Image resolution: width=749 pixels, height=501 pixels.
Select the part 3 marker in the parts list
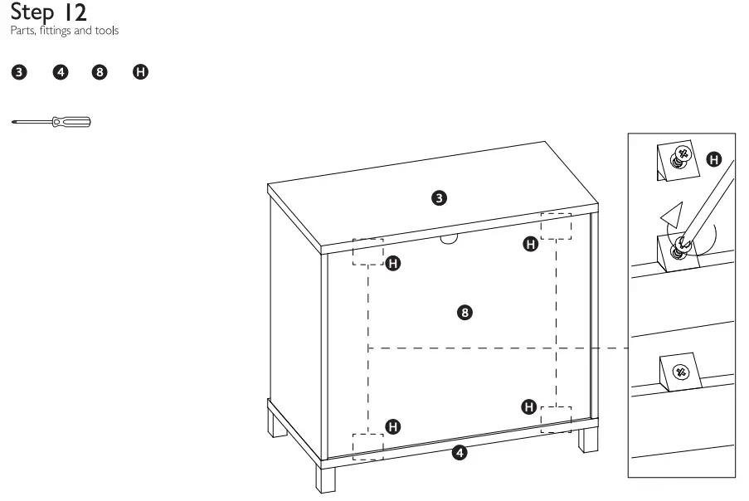(17, 72)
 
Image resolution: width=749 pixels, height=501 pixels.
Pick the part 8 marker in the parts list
(100, 72)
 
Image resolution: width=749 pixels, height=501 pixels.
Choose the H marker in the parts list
(141, 72)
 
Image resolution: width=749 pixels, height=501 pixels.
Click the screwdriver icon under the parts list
(51, 123)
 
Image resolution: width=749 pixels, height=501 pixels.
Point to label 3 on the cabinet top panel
(440, 197)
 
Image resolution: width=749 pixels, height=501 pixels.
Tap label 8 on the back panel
(465, 312)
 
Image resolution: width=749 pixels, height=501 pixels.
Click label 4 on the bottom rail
(460, 453)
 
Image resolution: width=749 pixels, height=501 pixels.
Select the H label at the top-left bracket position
(393, 264)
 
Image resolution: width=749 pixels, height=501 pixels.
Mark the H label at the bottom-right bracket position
(528, 406)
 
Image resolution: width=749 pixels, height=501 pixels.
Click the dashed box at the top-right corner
(556, 226)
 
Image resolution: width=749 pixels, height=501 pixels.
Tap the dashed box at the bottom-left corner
(367, 445)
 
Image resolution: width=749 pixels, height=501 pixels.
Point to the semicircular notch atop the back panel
(450, 239)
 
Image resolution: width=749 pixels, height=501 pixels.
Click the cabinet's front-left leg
(324, 477)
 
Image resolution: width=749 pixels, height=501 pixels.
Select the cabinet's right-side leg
(588, 436)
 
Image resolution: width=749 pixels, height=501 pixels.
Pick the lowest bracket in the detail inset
(679, 371)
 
